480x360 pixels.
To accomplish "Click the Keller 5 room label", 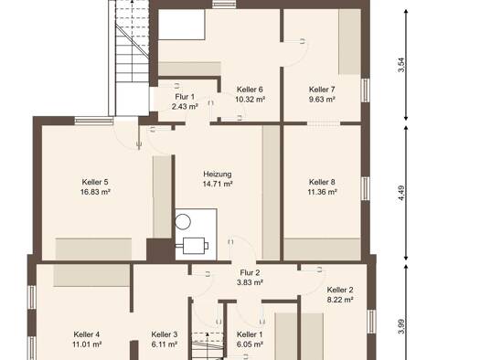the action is pos(95,182).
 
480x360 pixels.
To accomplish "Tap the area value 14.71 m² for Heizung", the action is pos(218,185).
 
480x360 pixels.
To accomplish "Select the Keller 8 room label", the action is pos(322,182).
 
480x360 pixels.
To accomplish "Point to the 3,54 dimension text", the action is pos(401,65).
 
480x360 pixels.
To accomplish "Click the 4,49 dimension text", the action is pos(401,193).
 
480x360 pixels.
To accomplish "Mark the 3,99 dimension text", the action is pos(401,327).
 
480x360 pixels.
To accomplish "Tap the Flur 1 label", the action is pos(185,97).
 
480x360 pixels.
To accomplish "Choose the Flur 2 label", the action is pos(250,272).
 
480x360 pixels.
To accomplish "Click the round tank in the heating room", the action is pos(183,221).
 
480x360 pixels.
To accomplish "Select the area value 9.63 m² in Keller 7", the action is pos(322,100).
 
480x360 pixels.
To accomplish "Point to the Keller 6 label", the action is pos(250,90).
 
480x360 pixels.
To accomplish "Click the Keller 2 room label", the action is pos(340,290).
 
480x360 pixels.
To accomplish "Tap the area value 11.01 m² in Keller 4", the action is pos(87,344).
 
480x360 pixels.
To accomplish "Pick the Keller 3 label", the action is pos(165,334).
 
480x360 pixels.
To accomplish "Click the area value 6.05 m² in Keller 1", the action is pos(250,344).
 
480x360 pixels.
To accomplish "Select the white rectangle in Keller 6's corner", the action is pos(182,25).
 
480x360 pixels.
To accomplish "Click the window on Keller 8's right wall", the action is pos(365,188).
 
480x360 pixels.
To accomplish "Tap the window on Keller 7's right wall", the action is pos(365,90).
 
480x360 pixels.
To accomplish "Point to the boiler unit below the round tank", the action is pos(194,246).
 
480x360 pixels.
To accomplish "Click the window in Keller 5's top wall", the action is pos(94,121).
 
